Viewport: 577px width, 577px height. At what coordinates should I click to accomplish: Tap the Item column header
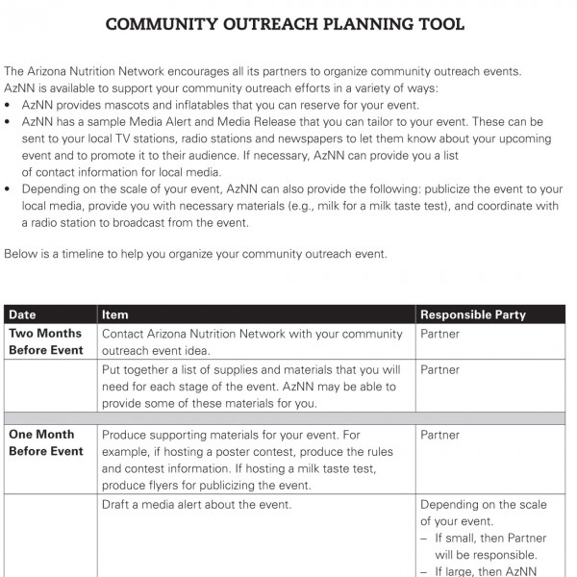click(114, 314)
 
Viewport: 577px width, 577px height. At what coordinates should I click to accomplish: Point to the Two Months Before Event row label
click(45, 342)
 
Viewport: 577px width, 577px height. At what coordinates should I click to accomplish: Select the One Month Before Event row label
click(45, 442)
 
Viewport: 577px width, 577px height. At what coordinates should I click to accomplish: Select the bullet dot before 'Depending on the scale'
click(9, 189)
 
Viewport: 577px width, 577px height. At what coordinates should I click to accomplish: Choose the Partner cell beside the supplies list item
click(439, 370)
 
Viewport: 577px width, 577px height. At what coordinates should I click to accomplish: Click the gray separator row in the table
click(285, 417)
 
